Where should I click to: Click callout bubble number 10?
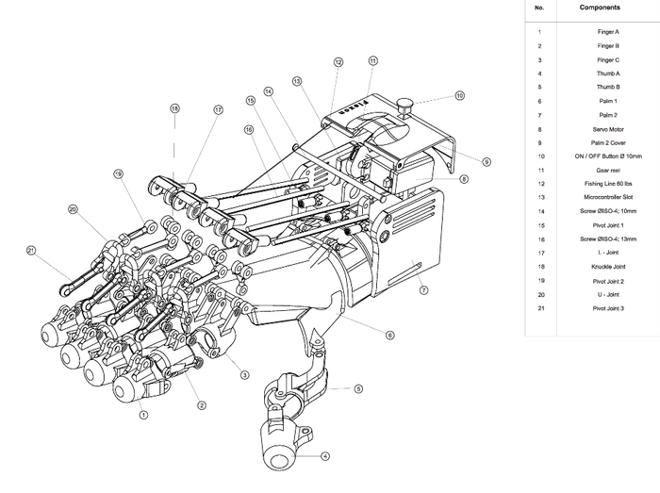(459, 96)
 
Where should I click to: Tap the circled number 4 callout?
(325, 456)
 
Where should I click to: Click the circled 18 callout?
(174, 108)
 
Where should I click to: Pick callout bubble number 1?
(143, 413)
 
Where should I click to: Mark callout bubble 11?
(373, 61)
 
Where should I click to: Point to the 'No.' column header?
(539, 8)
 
